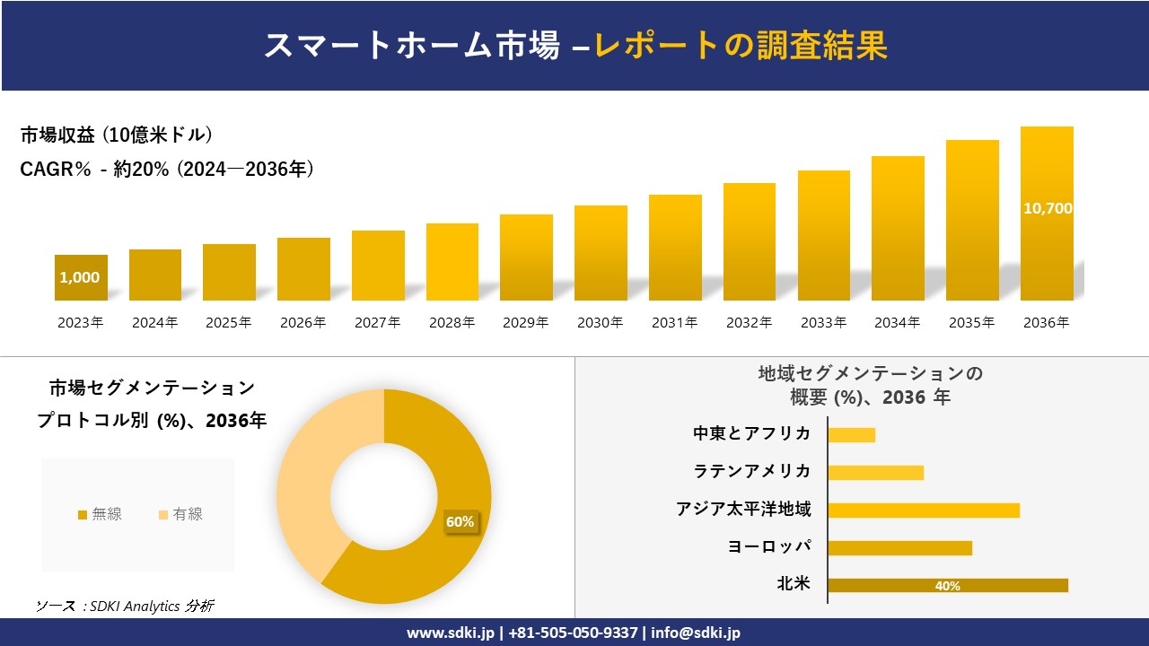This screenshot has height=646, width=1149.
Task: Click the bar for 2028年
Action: click(x=452, y=262)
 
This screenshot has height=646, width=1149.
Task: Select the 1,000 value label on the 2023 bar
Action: click(x=80, y=278)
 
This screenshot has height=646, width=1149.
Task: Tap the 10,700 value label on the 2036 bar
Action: click(x=1048, y=208)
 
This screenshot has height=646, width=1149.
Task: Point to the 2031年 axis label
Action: click(x=674, y=323)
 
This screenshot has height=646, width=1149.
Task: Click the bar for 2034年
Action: click(x=898, y=229)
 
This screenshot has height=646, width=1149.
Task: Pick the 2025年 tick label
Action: click(x=228, y=323)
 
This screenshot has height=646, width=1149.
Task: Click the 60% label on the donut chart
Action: click(x=460, y=522)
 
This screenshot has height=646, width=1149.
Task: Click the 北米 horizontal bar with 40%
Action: click(x=947, y=586)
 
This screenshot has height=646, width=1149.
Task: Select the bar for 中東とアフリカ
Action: click(x=851, y=435)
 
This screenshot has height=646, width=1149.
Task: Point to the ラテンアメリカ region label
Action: click(x=752, y=471)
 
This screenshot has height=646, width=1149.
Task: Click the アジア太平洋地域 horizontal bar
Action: click(x=923, y=511)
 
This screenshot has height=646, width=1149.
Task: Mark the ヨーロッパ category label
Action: click(x=769, y=546)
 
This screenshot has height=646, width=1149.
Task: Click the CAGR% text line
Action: click(x=167, y=170)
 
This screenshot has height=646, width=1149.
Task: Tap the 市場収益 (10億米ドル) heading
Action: click(x=117, y=135)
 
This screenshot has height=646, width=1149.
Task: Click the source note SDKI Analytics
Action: click(x=125, y=606)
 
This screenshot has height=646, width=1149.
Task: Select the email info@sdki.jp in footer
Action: click(x=697, y=633)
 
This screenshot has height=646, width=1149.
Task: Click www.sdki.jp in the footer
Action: click(x=450, y=633)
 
